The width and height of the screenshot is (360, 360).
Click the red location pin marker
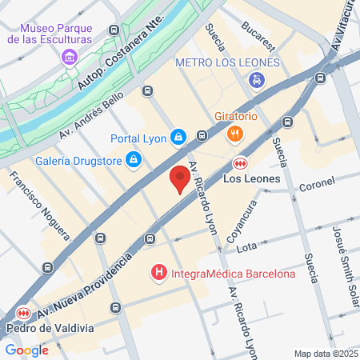[x=180, y=180]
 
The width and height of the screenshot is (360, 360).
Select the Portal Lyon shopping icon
[x=179, y=138]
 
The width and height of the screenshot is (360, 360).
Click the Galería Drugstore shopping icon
[x=134, y=160]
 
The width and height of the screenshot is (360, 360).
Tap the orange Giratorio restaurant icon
[x=234, y=134]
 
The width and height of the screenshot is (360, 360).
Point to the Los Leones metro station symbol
[x=240, y=162]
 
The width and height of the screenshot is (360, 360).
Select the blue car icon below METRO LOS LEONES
[x=256, y=79]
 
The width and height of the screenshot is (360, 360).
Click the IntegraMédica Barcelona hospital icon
[x=159, y=274]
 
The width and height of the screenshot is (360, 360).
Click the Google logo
[x=26, y=350]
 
